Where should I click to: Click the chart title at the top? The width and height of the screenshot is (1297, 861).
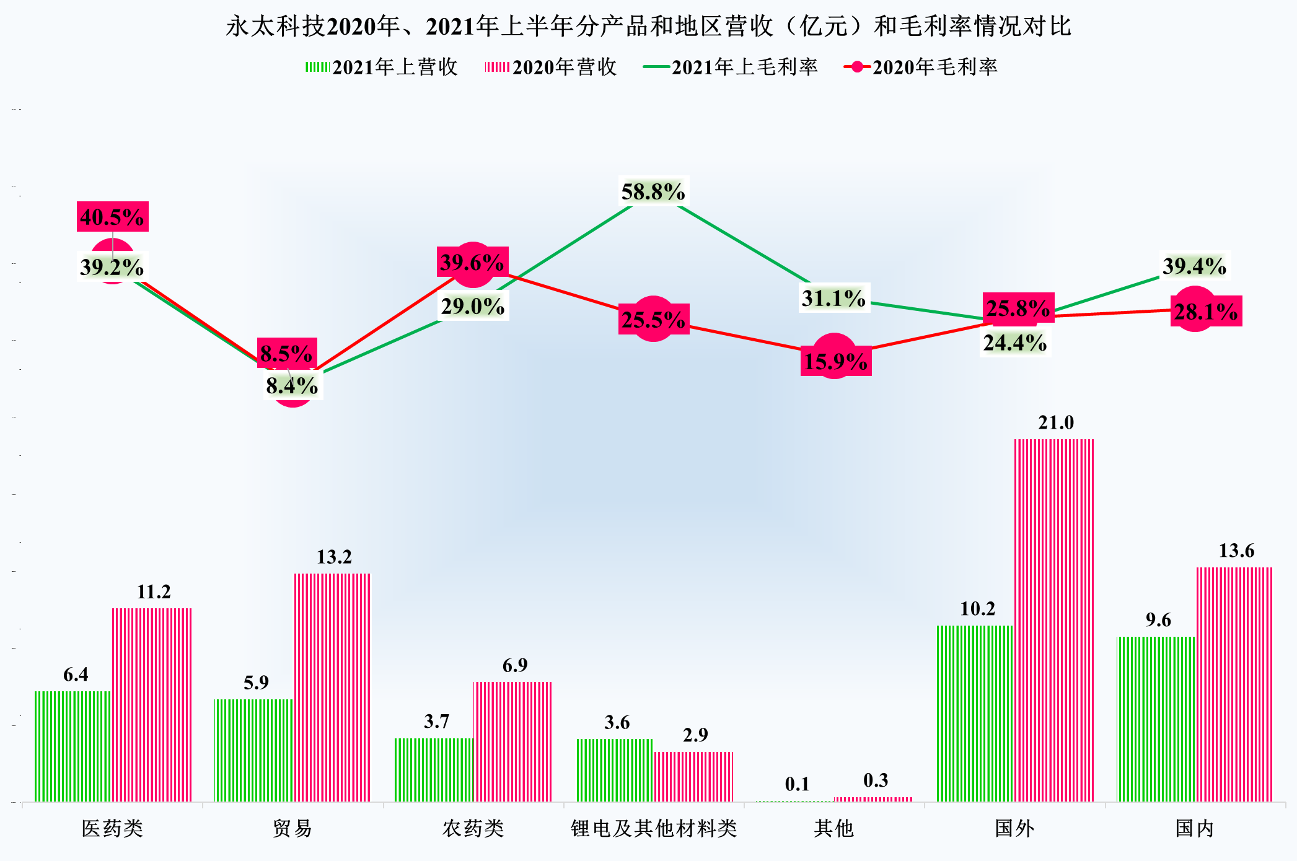tap(648, 26)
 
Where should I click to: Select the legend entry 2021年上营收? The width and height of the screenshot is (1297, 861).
tap(382, 67)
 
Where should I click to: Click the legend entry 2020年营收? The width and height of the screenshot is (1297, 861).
tap(552, 67)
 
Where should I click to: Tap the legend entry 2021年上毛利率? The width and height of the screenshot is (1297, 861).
tap(731, 67)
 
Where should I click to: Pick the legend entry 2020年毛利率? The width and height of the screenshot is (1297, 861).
tap(921, 67)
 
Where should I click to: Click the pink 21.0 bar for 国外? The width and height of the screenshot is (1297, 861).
tap(1053, 619)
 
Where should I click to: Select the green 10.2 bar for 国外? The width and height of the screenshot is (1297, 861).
tap(975, 712)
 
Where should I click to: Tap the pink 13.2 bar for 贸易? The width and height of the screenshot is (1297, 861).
tap(332, 688)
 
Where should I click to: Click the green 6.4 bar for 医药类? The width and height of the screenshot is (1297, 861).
tap(73, 746)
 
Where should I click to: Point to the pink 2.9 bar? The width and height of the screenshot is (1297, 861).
tap(693, 777)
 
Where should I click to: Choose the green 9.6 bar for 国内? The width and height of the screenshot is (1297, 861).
tap(1156, 719)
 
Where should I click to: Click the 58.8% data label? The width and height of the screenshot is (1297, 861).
tap(653, 192)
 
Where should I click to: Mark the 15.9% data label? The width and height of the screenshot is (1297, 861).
tap(835, 361)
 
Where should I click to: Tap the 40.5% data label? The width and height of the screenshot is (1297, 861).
tap(112, 217)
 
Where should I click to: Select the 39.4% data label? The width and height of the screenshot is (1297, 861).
tap(1194, 266)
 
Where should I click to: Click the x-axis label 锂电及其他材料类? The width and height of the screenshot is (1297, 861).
tap(654, 828)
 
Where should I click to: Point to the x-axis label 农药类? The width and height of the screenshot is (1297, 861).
tap(473, 828)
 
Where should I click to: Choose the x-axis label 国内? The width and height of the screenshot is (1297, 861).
tap(1194, 828)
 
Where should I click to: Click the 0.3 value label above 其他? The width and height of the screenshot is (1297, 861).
tap(875, 780)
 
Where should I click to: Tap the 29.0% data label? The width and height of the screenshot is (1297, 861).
tap(473, 307)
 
